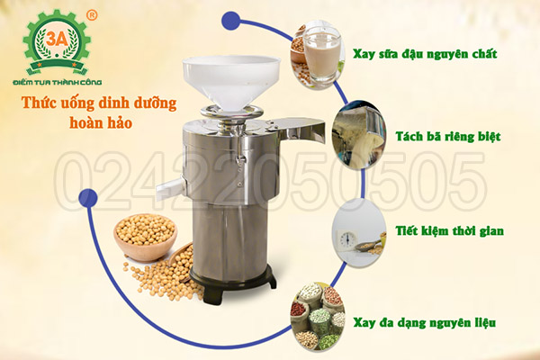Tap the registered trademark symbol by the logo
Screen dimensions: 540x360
pos(92,15)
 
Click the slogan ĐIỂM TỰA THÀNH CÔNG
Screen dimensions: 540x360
pos(58,82)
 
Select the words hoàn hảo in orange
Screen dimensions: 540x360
pos(101,122)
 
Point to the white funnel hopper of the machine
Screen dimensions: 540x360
pos(231,83)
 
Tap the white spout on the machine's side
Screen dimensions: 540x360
pos(169,188)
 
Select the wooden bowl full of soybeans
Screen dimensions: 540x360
pos(146,237)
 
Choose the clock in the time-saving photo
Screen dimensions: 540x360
pos(347,238)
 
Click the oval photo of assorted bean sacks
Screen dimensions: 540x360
pos(318,317)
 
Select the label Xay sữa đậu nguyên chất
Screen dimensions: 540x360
pos(425,54)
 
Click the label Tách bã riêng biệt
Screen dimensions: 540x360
pos(447,137)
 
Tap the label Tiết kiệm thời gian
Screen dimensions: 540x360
pos(449,230)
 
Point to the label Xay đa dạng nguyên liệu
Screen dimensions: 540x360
pos(425,323)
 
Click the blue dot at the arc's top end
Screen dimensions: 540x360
pos(230,21)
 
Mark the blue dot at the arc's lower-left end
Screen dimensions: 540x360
pos(88,198)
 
